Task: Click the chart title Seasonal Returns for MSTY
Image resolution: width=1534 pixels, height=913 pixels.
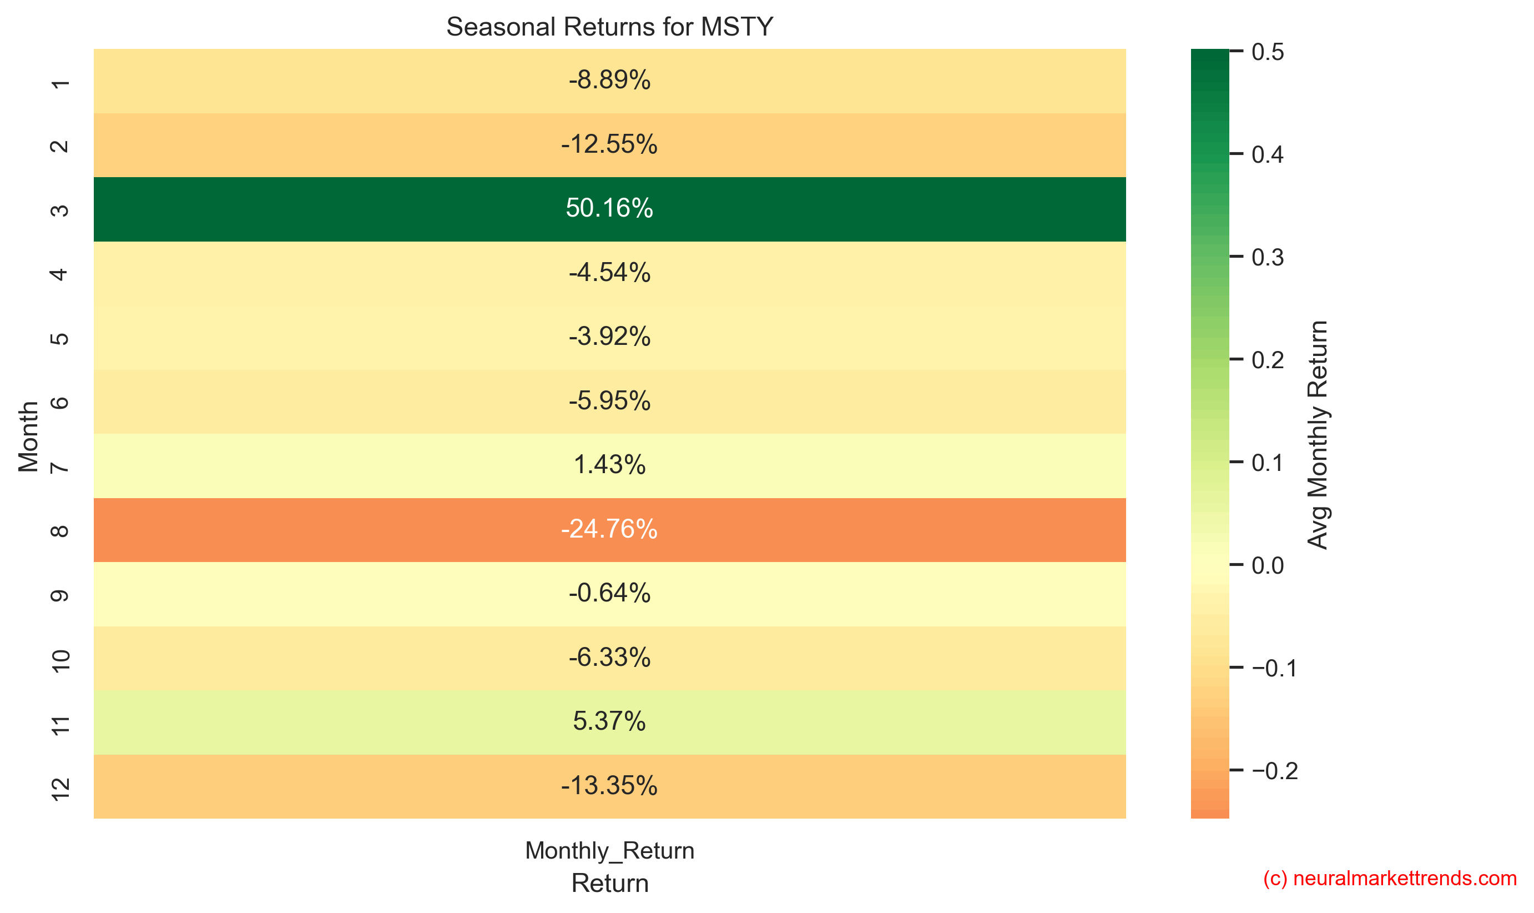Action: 609,27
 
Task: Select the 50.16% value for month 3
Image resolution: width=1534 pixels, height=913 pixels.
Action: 609,208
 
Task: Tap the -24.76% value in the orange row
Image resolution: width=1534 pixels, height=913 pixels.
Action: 609,529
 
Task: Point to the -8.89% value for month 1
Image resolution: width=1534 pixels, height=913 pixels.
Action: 609,80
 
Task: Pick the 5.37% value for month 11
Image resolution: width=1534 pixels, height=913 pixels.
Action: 609,721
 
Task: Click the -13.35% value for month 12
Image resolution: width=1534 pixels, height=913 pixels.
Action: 609,786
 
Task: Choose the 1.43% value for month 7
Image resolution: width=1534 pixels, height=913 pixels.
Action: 609,464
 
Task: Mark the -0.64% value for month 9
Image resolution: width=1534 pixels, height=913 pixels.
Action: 609,593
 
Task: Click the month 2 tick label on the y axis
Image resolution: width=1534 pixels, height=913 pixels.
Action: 59,146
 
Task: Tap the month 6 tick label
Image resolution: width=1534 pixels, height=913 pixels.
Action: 59,403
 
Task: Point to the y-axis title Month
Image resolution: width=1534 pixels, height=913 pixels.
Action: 28,436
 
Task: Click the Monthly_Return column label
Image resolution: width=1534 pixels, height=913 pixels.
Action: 609,850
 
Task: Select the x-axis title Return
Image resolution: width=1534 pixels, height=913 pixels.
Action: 609,884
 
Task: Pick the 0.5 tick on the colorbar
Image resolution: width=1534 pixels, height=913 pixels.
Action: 1267,52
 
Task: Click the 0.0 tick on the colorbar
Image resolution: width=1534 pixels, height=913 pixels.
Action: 1267,565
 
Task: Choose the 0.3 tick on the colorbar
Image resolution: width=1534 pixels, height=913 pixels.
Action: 1267,257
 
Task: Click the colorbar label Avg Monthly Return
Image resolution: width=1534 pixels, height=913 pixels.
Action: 1318,434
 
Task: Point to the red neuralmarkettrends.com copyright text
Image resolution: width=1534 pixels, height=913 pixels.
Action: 1390,879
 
